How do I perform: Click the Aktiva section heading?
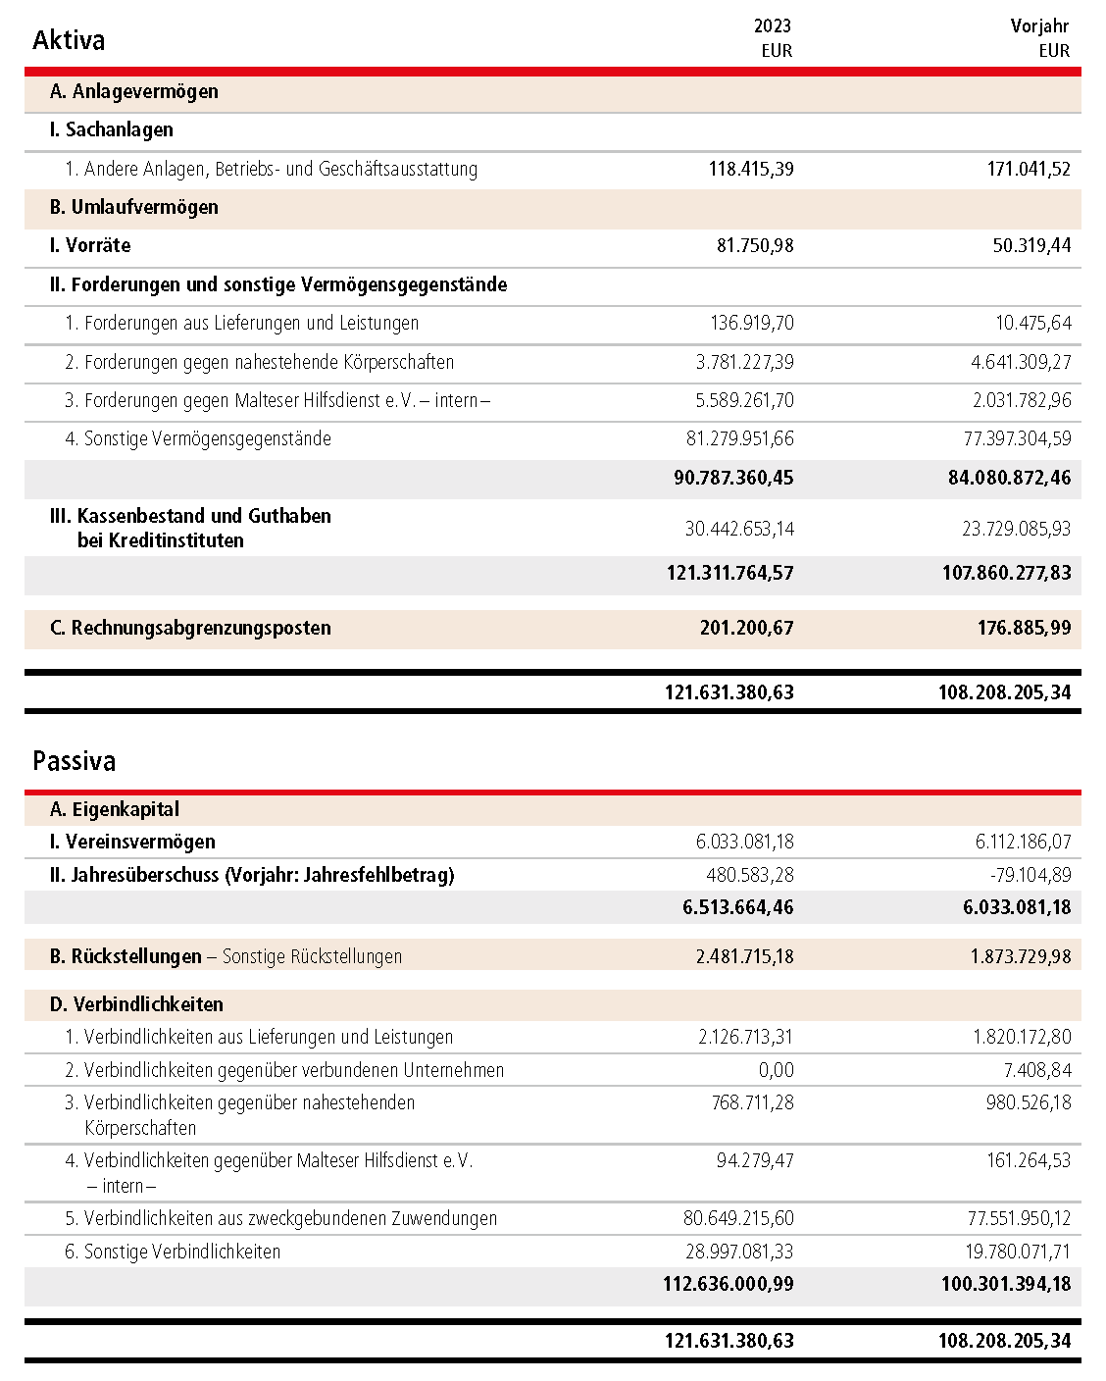click(69, 40)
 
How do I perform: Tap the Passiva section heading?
click(75, 761)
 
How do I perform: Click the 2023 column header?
click(773, 26)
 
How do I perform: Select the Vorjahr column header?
click(1039, 26)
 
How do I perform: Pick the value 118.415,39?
click(751, 169)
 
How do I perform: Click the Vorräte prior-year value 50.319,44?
click(1031, 245)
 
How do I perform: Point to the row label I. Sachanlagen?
click(112, 129)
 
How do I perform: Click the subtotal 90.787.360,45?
click(733, 478)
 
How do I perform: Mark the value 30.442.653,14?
click(739, 529)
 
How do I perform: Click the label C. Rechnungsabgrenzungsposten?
click(191, 628)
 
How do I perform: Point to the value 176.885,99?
click(1024, 628)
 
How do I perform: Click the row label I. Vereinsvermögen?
click(132, 842)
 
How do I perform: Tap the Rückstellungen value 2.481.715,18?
click(745, 956)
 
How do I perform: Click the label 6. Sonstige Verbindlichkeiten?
click(173, 1252)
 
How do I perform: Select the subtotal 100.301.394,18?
click(1006, 1284)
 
